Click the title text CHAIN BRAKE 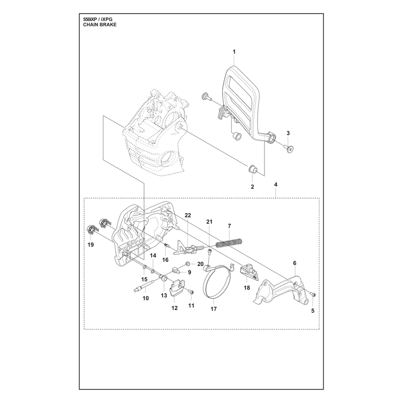[100, 25]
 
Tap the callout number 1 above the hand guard [234, 52]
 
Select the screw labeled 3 [289, 148]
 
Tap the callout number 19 [91, 245]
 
